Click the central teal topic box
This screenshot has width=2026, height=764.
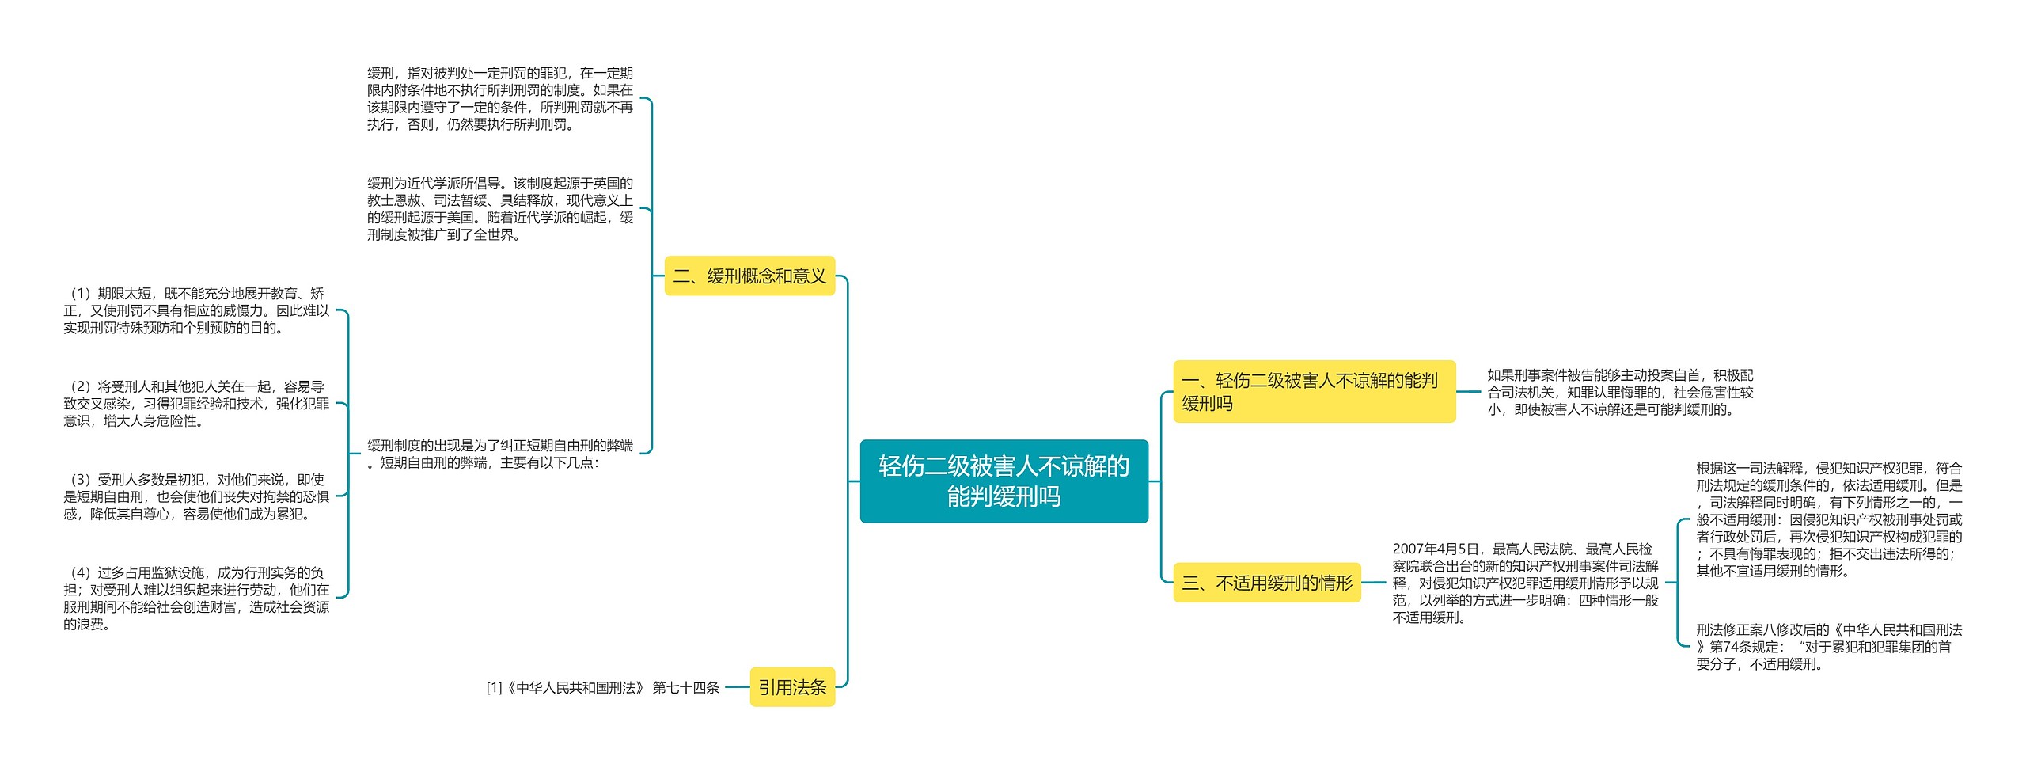click(x=1004, y=481)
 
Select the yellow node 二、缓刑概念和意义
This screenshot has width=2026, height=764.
click(x=749, y=276)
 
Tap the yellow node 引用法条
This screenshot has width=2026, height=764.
click(x=792, y=686)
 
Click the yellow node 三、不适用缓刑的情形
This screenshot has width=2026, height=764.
click(x=1266, y=583)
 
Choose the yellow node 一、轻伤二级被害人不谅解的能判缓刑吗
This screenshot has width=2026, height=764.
click(x=1313, y=391)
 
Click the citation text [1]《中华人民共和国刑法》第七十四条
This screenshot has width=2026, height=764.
click(x=602, y=687)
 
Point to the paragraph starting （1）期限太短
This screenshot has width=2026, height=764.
click(x=196, y=310)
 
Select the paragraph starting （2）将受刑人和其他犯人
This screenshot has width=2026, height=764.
click(x=196, y=404)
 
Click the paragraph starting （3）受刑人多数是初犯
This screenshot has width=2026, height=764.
click(x=196, y=496)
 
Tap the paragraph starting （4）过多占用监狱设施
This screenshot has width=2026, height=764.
click(x=196, y=598)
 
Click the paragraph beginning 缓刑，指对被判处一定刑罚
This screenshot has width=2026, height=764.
click(x=499, y=98)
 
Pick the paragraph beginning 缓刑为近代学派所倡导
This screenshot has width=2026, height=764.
click(x=499, y=209)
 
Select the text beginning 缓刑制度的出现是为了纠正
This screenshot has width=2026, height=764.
click(x=499, y=454)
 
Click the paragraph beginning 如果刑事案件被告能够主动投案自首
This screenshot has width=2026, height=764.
click(x=1620, y=392)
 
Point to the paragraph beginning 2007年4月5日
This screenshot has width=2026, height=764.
click(x=1525, y=583)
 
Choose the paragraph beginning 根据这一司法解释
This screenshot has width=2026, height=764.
click(x=1828, y=519)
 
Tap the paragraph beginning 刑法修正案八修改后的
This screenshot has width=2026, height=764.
click(x=1828, y=647)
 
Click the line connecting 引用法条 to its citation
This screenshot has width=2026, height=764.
click(x=737, y=687)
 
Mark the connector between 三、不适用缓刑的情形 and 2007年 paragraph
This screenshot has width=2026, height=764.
click(x=1374, y=583)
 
